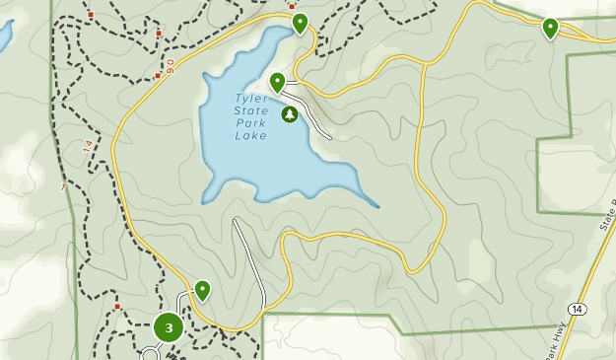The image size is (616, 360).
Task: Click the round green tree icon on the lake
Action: point(290,115)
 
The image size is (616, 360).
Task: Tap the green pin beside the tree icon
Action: point(278,83)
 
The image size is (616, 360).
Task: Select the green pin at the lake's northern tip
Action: point(300,23)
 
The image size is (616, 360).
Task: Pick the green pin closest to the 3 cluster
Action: point(202,290)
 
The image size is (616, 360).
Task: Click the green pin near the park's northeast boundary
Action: point(550,29)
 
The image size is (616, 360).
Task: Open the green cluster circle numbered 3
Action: point(169,327)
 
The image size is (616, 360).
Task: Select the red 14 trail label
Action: point(87,145)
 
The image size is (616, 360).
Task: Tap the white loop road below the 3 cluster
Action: point(150,354)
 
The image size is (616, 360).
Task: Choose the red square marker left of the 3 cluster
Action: point(116,307)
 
